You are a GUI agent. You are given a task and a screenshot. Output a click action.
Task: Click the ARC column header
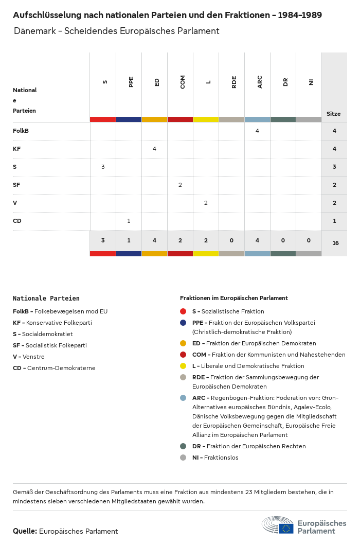[x=260, y=82]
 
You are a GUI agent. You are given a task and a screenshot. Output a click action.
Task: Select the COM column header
[x=183, y=82]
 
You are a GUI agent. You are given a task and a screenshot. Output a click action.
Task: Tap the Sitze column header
[x=333, y=114]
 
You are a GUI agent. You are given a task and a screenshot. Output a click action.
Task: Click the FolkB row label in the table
[x=21, y=131]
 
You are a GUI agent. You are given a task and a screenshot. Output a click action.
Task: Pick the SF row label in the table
[x=16, y=185]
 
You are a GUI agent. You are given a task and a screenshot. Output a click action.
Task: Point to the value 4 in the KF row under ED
[x=154, y=149]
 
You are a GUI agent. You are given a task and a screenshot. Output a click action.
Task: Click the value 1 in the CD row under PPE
[x=129, y=221]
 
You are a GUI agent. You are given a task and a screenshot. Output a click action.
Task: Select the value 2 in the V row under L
[x=206, y=203]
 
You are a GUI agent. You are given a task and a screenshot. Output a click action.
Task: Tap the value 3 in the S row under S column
[x=103, y=167]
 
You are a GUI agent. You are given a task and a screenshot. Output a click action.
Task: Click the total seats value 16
[x=335, y=242]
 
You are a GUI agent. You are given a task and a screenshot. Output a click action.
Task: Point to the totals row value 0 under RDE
[x=231, y=240]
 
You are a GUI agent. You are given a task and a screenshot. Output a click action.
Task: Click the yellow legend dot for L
[x=183, y=366]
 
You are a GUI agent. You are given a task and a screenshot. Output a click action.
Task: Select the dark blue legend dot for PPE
[x=183, y=323]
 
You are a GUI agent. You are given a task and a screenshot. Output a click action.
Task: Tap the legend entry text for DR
[x=249, y=446]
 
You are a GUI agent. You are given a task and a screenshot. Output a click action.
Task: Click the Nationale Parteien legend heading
[x=46, y=298]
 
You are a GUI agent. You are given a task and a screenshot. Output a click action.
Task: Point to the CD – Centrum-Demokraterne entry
[x=54, y=368]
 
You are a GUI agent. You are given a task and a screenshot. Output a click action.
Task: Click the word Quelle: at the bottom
[x=25, y=531]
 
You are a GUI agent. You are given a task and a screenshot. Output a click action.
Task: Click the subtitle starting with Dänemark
[x=117, y=31]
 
